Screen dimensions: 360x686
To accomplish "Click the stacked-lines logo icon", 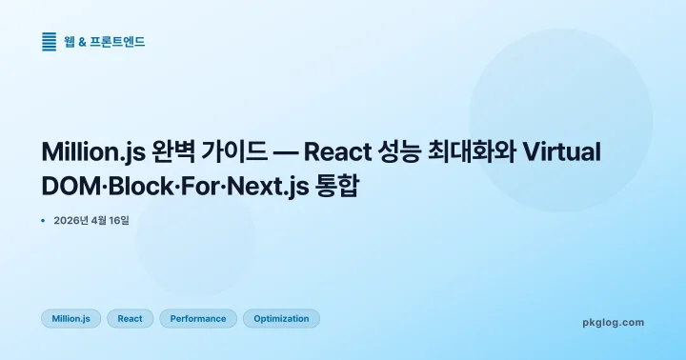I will tap(50, 42).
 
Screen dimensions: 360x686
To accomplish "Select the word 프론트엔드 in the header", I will tap(117, 42).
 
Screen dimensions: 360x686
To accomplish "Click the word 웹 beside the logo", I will tap(69, 42).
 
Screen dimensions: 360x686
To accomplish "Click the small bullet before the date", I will tap(43, 221).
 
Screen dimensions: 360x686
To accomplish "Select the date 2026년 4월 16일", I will tap(91, 221).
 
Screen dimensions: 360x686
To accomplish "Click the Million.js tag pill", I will tap(71, 318).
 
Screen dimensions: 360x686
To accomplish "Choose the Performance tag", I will tap(198, 318).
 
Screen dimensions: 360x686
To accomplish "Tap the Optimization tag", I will tap(281, 318).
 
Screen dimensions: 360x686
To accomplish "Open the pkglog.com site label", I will tap(613, 322).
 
